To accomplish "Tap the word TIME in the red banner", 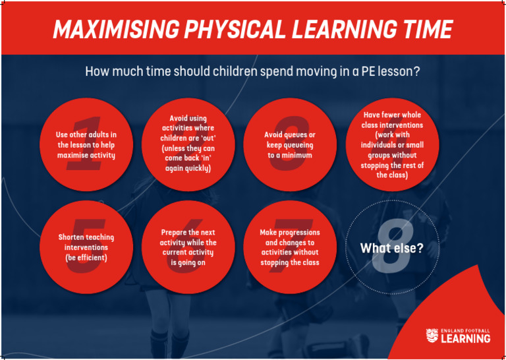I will pyautogui.click(x=424, y=30).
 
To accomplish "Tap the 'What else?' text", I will pyautogui.click(x=391, y=249).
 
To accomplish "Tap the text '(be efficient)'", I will pyautogui.click(x=86, y=257).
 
